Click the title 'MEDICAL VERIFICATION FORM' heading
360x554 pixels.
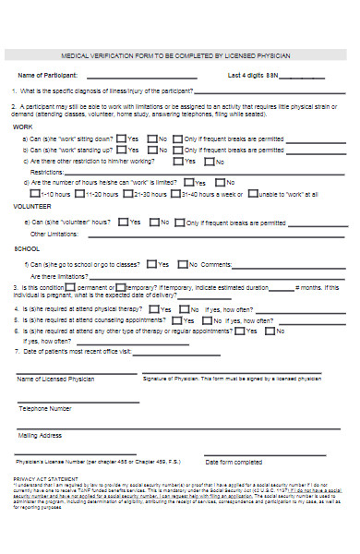click(x=174, y=55)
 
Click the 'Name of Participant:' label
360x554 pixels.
click(x=47, y=75)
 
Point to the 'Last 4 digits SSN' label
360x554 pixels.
click(x=252, y=75)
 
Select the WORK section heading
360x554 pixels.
click(x=23, y=126)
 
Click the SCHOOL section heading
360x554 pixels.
click(x=27, y=249)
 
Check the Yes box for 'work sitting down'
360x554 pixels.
click(x=121, y=138)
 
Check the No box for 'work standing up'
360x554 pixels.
click(x=151, y=150)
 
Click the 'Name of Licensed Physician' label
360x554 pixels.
click(x=54, y=379)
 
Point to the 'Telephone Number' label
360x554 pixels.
click(x=45, y=407)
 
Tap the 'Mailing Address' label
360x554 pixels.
click(x=41, y=435)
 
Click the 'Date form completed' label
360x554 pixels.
click(x=234, y=462)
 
